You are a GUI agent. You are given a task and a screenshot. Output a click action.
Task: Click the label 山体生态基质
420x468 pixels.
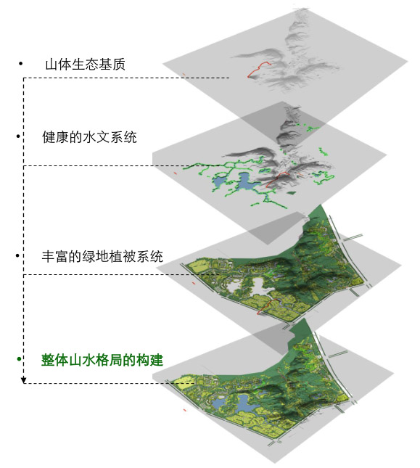point(86,65)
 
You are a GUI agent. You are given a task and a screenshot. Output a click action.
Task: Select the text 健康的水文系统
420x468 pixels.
point(89,137)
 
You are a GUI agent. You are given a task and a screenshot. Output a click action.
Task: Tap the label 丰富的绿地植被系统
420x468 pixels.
point(102,256)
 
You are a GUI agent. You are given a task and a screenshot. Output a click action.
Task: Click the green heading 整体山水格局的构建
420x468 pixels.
point(102,360)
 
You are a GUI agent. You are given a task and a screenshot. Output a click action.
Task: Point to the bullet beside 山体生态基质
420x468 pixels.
point(20,63)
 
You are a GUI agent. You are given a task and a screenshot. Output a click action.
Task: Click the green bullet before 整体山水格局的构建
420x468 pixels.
point(19,358)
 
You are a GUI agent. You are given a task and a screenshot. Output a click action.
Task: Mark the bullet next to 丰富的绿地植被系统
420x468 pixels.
point(17,255)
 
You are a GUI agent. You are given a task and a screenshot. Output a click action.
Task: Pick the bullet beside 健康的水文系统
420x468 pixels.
point(18,136)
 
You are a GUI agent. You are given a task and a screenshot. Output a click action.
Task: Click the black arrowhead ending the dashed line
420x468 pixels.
point(23,380)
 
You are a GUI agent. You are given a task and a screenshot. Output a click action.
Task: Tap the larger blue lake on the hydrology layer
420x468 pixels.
point(245,181)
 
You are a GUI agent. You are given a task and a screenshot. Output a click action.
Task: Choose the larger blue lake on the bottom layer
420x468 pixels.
point(244,403)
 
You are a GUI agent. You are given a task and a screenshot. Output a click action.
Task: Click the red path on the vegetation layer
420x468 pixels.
point(268,305)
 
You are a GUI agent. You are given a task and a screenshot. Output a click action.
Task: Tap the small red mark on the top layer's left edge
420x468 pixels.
point(184,74)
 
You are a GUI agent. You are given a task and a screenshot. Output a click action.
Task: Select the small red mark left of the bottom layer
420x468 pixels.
point(185,410)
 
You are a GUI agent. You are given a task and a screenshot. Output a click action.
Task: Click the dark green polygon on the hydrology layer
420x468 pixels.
point(292,192)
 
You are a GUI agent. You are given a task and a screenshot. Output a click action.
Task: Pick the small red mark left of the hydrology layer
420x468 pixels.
point(176,173)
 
